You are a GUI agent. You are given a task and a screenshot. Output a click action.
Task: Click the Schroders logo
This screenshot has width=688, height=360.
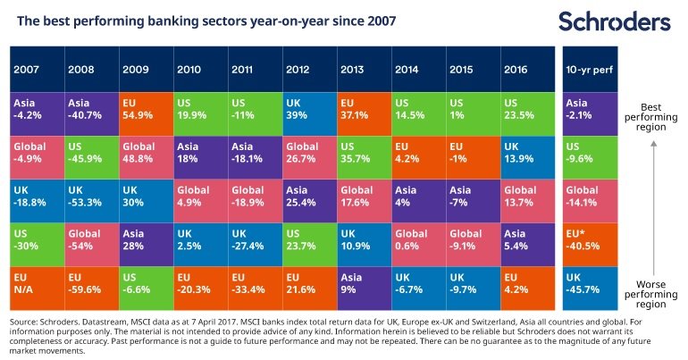click(615, 21)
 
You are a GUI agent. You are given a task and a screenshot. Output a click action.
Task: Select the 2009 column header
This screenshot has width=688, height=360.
click(147, 70)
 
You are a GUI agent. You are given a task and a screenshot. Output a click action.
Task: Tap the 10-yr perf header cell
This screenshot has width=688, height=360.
click(590, 70)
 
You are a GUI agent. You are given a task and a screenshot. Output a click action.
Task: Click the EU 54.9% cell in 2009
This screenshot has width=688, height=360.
click(147, 114)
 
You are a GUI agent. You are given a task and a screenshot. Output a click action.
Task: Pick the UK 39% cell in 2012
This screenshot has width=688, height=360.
click(310, 114)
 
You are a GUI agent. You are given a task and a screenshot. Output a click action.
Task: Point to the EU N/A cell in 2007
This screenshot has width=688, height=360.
click(38, 288)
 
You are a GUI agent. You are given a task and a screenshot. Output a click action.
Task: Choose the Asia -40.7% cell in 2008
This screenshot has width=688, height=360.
click(92, 114)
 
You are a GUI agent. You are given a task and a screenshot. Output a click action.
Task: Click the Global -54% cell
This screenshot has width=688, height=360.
click(92, 245)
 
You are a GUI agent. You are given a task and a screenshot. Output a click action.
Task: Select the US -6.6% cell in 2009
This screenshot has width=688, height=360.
click(147, 288)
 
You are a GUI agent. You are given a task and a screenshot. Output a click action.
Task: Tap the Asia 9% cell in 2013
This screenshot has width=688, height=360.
click(365, 288)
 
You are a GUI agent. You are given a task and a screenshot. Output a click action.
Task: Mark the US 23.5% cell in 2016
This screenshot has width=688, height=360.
click(528, 114)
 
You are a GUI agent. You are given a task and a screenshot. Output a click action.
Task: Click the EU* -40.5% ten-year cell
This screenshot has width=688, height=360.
click(590, 245)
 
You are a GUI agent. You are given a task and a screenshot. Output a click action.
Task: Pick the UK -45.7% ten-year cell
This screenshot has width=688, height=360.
click(590, 288)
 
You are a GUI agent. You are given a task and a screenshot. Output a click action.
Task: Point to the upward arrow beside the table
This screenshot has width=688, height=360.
click(653, 207)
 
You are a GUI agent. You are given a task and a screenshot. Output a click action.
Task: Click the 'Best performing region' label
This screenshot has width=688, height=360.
click(651, 117)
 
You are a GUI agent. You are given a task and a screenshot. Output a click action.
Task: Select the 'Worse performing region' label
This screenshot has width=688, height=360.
click(651, 294)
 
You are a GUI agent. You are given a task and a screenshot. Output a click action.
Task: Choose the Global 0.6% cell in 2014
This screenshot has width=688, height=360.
click(419, 245)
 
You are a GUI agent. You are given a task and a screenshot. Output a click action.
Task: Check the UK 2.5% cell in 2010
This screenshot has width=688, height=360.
click(201, 245)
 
